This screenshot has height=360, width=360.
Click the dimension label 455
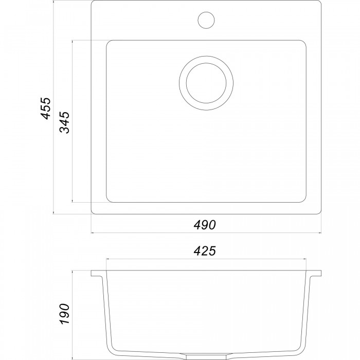45,109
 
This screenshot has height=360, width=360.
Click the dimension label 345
64,122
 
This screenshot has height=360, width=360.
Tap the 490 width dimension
205,225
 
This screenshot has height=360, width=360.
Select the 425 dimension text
205,251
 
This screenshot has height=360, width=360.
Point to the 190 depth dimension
64,314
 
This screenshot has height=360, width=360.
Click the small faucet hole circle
206,20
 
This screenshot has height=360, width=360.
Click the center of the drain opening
206,83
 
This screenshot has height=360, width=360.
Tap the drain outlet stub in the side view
206,357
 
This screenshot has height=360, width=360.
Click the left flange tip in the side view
92,273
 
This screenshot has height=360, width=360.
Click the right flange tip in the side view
321,273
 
